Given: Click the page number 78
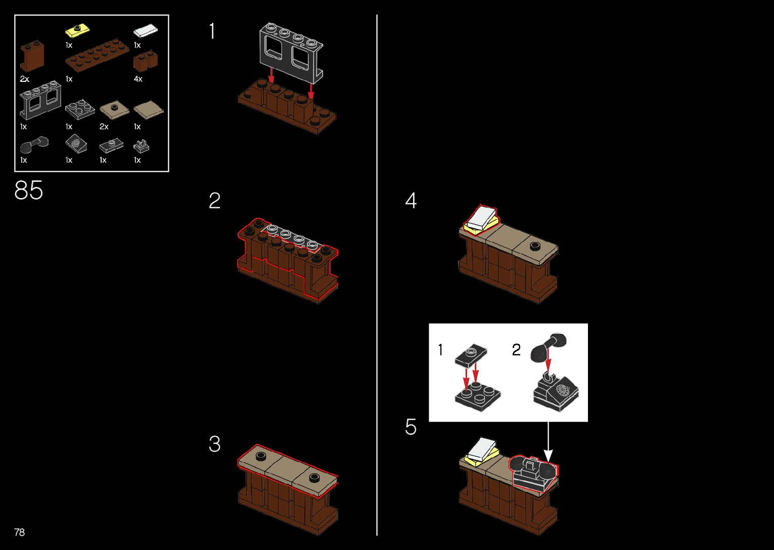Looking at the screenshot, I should (x=19, y=532).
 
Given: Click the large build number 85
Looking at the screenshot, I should (x=29, y=190).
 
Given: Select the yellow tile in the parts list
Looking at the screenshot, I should (x=77, y=30).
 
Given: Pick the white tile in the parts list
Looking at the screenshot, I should (x=145, y=31).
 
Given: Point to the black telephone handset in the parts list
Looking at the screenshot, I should (x=34, y=145).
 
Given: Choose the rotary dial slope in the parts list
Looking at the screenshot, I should (x=76, y=144).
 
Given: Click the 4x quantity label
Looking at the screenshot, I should (x=138, y=79).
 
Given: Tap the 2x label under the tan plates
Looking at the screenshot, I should (x=104, y=127).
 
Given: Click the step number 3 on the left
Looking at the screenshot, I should (x=214, y=444).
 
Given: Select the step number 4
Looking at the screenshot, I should (x=411, y=201).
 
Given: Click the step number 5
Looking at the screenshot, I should (x=411, y=427).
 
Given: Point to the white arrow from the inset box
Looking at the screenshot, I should (x=548, y=442).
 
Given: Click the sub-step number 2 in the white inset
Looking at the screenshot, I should (x=516, y=349).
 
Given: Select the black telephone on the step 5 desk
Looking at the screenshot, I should (x=533, y=473).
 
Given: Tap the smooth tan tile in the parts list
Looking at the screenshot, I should (x=148, y=110).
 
